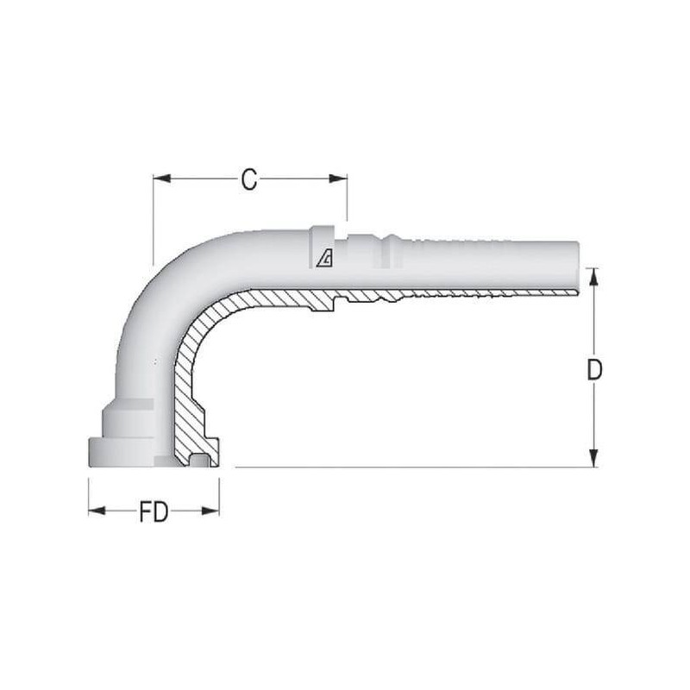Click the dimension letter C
point(249,179)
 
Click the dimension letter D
point(594,370)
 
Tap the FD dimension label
point(154,512)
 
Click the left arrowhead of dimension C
point(161,179)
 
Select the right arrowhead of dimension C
point(338,179)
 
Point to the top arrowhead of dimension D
point(594,277)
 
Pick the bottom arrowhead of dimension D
point(594,458)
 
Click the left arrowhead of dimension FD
point(97,511)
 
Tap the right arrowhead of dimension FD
point(210,511)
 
